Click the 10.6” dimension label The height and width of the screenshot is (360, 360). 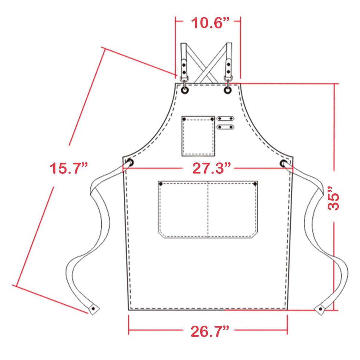(x=210, y=23)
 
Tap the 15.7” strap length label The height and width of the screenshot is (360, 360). (x=69, y=168)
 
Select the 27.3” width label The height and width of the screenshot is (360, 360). (x=211, y=168)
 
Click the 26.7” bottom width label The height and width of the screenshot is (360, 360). (x=210, y=331)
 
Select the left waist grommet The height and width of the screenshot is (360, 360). (x=130, y=163)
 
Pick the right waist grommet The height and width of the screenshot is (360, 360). (x=283, y=163)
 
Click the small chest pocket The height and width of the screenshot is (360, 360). (x=198, y=136)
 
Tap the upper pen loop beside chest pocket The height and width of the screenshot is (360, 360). (x=225, y=119)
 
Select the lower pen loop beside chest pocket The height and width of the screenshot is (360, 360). (x=225, y=127)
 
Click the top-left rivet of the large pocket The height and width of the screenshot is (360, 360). (x=161, y=184)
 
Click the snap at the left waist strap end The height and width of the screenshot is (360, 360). (x=93, y=308)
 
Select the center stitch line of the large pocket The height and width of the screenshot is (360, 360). (x=208, y=209)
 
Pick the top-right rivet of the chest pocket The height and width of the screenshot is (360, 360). (x=212, y=119)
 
